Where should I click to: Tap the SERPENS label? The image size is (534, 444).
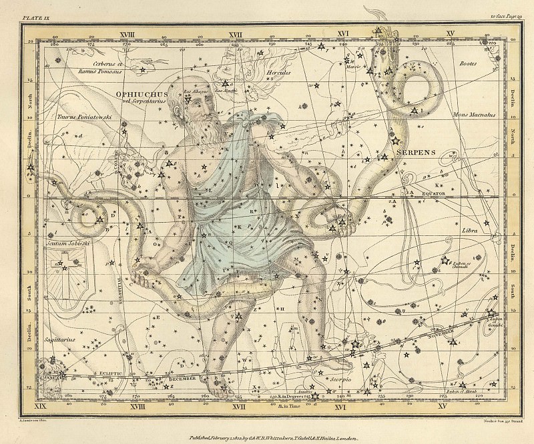tap(417, 151)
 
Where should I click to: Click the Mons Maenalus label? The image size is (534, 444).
tap(471, 115)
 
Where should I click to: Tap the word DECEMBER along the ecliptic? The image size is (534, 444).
tap(184, 378)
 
